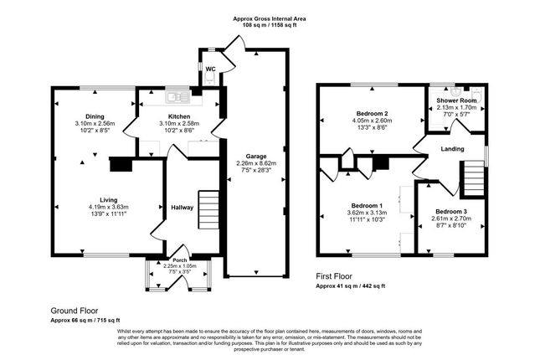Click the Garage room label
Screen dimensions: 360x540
pos(254,155)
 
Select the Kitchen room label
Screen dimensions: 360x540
pos(179,116)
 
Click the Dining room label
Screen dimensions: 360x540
pos(94,116)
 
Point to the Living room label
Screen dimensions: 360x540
pos(108,199)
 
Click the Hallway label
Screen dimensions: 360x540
pos(183,208)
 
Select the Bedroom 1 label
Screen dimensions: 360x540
pos(367,206)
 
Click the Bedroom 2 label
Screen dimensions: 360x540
pos(373,112)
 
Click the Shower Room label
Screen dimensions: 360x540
pos(456,100)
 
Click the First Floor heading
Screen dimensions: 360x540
pos(336,276)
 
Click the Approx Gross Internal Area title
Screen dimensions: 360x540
pos(270,17)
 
